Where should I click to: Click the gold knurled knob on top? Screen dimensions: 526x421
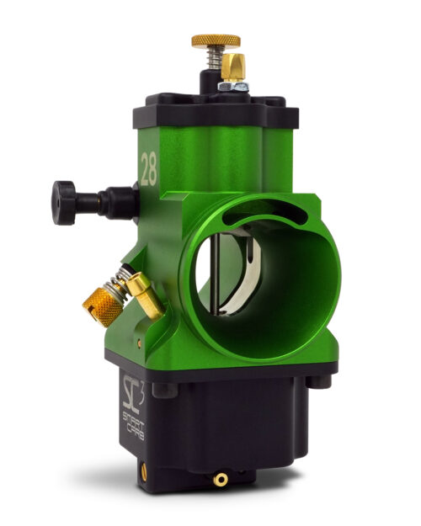215,40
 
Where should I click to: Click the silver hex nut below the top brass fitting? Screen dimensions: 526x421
232,86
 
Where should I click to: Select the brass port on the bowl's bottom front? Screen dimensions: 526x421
221,479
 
